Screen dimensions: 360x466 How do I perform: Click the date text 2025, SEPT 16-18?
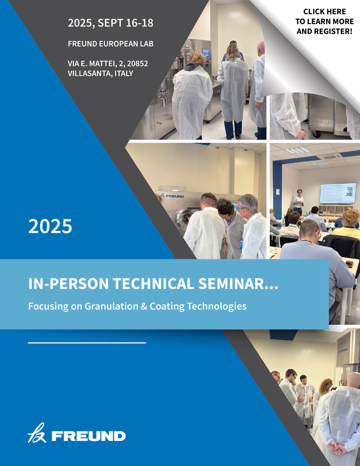111,23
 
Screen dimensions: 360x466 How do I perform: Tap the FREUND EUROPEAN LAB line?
111,44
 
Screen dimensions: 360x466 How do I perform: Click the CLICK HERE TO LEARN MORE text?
324,16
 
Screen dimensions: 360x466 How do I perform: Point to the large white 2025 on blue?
50,226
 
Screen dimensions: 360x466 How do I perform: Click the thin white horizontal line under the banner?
87,343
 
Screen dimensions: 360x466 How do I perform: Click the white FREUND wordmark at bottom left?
88,436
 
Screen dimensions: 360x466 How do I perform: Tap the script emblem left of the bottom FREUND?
37,433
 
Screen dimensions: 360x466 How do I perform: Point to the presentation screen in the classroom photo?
338,193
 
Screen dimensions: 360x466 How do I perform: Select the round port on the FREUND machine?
184,218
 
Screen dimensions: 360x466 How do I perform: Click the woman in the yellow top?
347,224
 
